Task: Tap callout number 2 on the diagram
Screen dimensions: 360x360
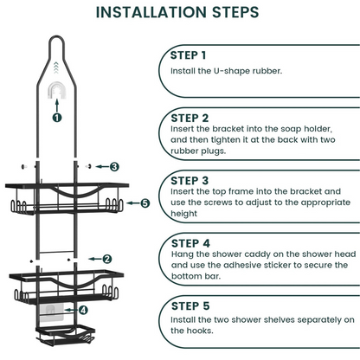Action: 106,258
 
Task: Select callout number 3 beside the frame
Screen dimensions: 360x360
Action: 113,165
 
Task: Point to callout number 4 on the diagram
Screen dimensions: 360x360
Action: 83,309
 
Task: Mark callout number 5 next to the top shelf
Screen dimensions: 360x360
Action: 145,203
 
